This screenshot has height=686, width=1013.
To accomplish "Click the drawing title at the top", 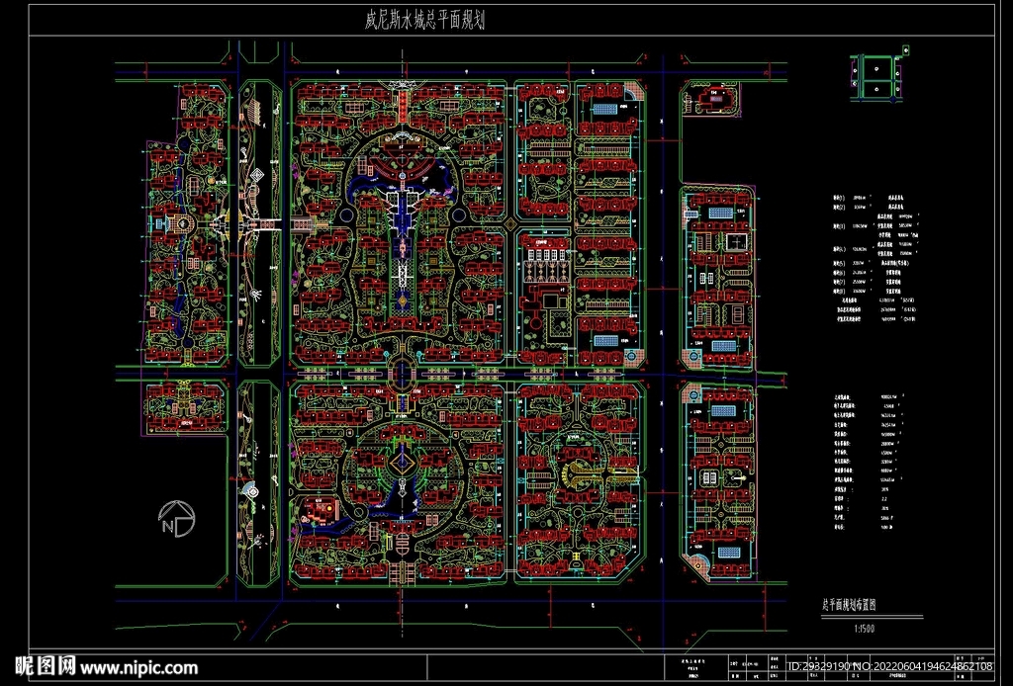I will coord(424,19).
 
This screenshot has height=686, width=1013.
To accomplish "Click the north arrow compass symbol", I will coord(176,520).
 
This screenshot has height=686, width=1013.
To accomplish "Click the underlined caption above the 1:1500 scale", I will coord(857,603).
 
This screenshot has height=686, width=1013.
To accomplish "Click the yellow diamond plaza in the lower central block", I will coord(402,461).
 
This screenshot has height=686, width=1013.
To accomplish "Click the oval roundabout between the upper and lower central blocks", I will coord(403,371).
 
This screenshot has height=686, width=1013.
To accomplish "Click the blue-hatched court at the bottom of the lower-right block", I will coord(728,553).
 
